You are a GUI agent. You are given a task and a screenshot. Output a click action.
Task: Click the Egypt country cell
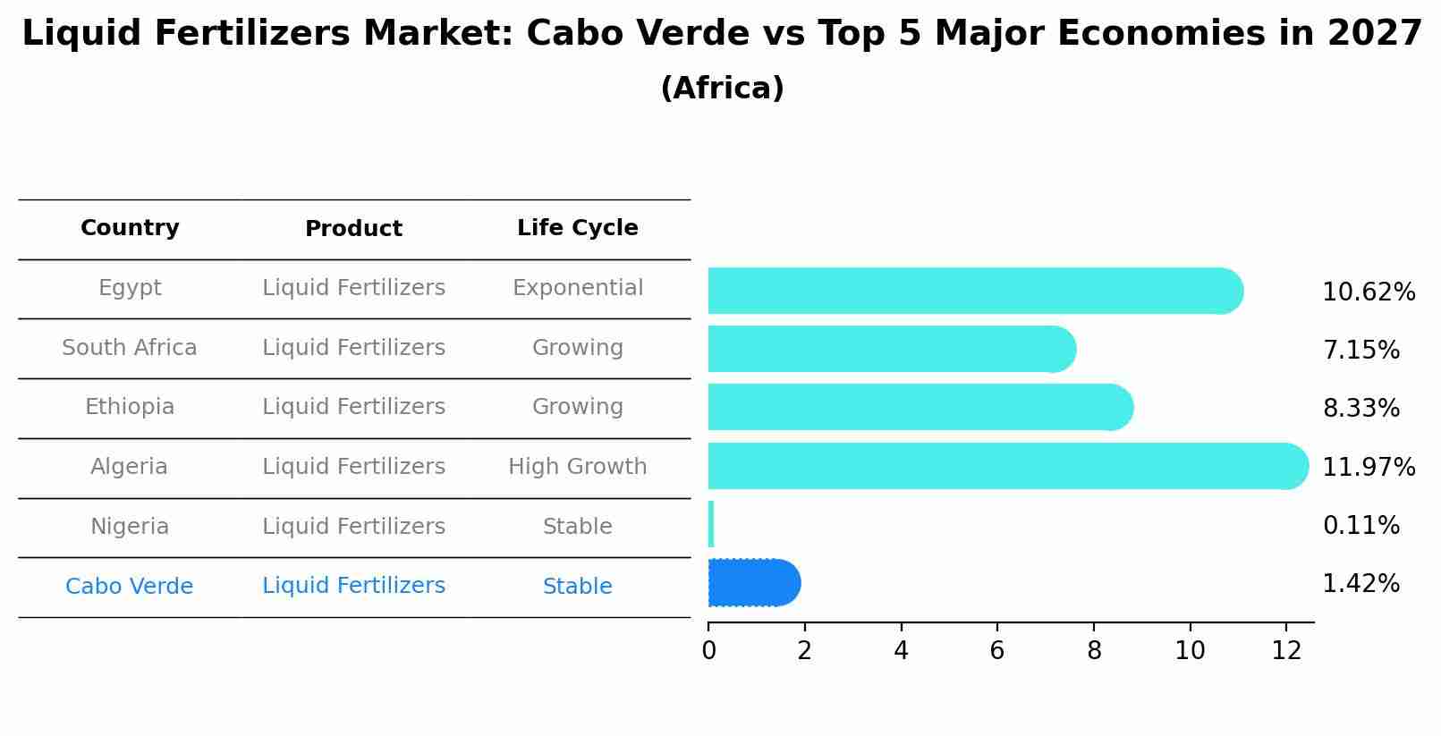tap(130, 288)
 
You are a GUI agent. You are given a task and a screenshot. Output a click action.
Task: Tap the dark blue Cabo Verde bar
tap(752, 583)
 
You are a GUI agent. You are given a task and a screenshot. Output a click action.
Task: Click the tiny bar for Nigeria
tap(711, 524)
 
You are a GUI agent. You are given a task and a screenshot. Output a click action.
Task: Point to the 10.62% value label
tap(1368, 292)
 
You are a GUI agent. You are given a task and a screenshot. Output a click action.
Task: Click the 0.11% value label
tap(1360, 526)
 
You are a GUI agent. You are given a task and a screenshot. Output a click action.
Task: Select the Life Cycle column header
tap(577, 228)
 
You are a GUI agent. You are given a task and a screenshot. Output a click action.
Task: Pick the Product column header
tap(353, 229)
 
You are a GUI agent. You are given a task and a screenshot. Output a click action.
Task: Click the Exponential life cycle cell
tap(577, 288)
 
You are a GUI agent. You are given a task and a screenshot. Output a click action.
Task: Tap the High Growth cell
tap(577, 467)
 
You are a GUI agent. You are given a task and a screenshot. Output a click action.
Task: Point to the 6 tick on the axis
tap(996, 651)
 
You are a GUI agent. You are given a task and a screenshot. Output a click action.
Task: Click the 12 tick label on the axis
tap(1285, 651)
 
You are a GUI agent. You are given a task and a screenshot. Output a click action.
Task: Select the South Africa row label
tap(130, 348)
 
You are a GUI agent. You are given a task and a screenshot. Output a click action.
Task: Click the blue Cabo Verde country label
tap(130, 587)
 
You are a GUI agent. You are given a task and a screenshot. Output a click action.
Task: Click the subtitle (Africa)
tap(722, 89)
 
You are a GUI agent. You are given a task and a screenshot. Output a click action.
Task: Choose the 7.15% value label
tap(1360, 351)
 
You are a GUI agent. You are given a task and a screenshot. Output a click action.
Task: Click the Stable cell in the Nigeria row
tap(577, 527)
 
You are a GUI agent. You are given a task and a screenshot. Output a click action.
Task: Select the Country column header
tap(130, 228)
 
